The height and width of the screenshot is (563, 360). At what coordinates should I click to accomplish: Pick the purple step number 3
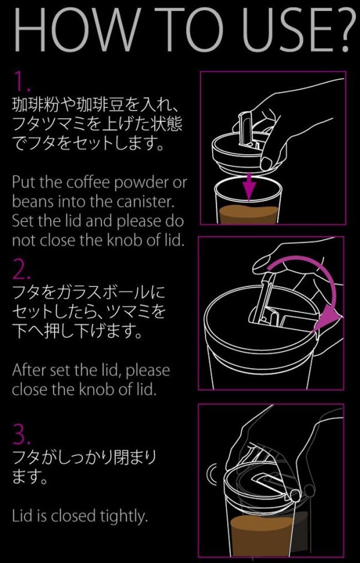tap(22, 435)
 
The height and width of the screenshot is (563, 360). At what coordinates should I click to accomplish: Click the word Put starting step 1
tap(23, 182)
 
